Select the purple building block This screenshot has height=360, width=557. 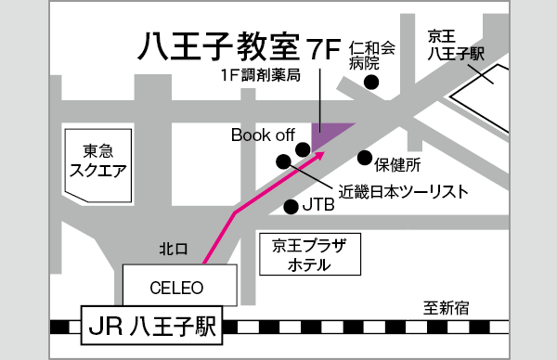point(329,135)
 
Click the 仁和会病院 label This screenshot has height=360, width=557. point(371,56)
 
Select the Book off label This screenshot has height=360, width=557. point(263,135)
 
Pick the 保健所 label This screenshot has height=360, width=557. point(398,165)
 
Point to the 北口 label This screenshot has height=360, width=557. point(173,249)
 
